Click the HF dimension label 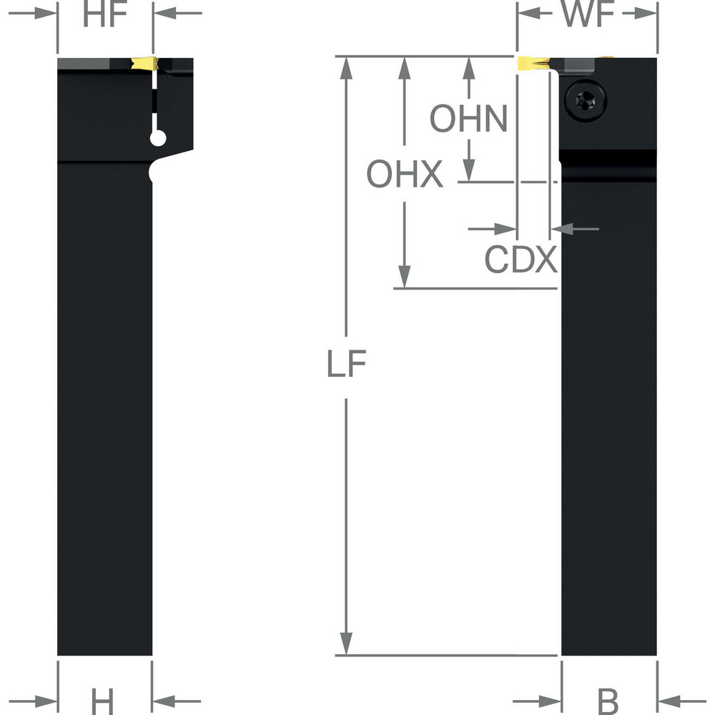click(104, 16)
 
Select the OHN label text click(468, 119)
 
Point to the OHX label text click(405, 174)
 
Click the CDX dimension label click(521, 260)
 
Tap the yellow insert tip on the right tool click(530, 64)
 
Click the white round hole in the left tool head click(158, 138)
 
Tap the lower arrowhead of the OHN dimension click(468, 172)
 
